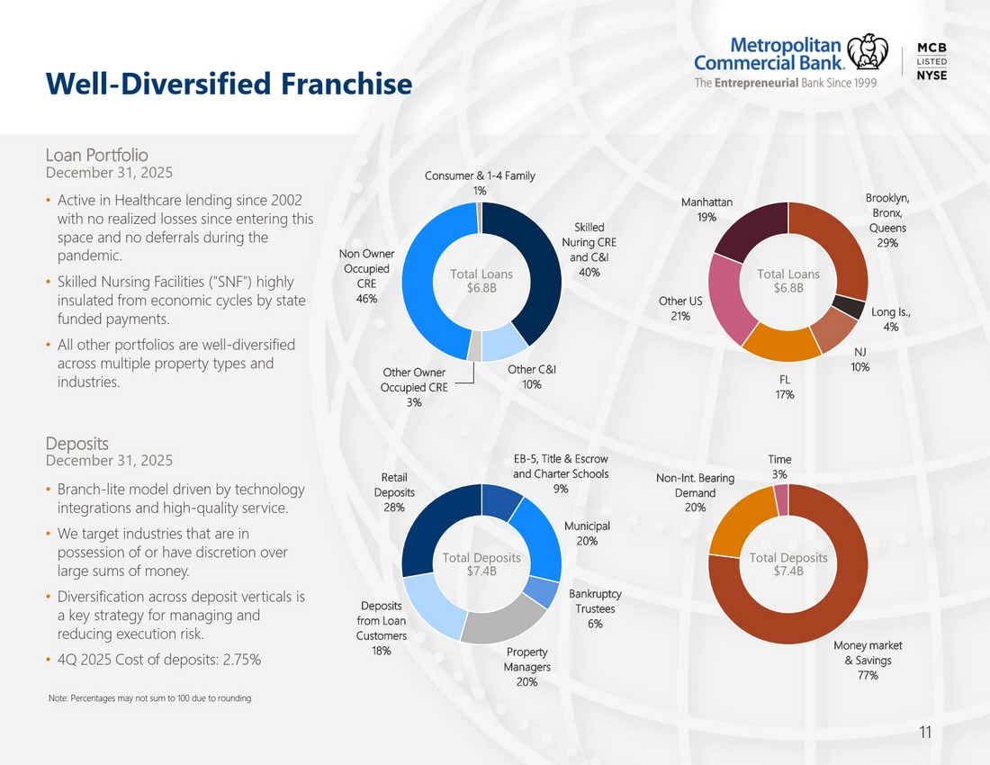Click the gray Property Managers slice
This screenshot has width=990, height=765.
tap(502, 622)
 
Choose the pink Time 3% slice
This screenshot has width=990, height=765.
tap(781, 499)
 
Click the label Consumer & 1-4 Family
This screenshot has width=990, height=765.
tap(480, 175)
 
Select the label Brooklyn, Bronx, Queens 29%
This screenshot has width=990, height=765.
tap(887, 220)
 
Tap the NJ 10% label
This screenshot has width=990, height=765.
tap(859, 359)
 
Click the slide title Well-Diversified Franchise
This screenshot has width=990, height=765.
tap(229, 84)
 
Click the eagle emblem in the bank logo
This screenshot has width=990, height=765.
tap(867, 52)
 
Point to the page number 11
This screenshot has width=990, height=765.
tap(925, 733)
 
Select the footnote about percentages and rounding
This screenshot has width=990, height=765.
tap(150, 698)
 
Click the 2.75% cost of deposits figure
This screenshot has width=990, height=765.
tap(242, 660)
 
